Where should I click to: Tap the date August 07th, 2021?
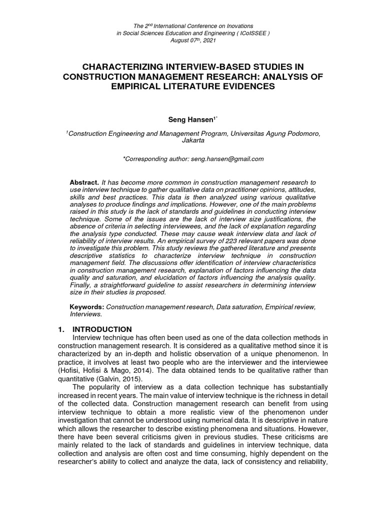192,40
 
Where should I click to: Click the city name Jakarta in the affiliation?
192,141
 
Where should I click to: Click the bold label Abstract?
85,183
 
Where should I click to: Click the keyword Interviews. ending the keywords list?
85,315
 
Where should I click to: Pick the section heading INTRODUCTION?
102,329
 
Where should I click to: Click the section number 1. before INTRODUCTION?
62,329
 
